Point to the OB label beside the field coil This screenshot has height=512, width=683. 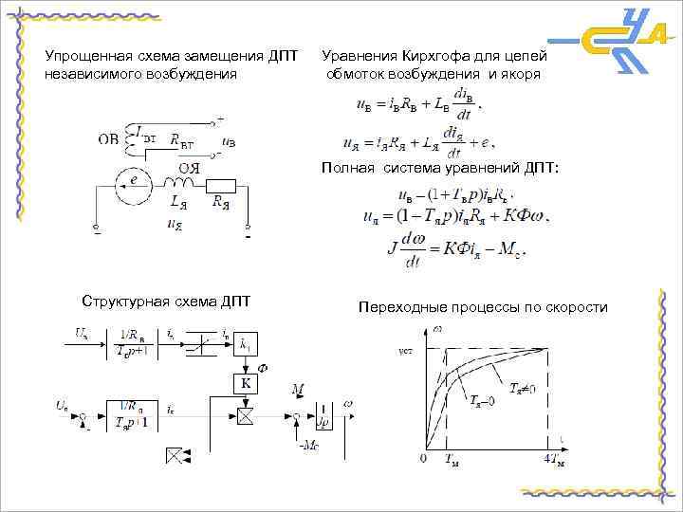pyautogui.click(x=109, y=139)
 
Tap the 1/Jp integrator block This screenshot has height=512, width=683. pyautogui.click(x=321, y=416)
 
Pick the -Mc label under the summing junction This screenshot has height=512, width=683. pyautogui.click(x=307, y=446)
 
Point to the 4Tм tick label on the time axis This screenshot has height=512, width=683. pyautogui.click(x=554, y=461)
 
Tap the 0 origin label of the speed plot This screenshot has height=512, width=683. pyautogui.click(x=424, y=460)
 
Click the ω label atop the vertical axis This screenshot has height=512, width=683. pyautogui.click(x=436, y=329)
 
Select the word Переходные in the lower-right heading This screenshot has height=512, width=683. pyautogui.click(x=399, y=307)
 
